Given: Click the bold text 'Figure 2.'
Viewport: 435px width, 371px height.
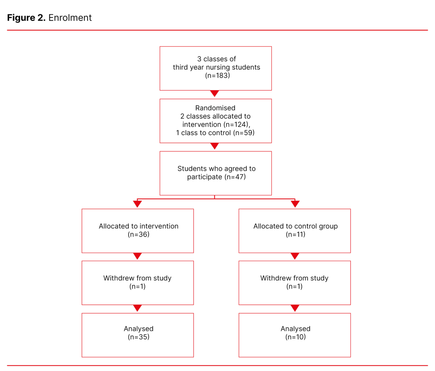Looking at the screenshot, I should (x=26, y=18).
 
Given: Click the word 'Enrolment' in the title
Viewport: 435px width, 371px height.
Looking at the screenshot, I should (x=70, y=18).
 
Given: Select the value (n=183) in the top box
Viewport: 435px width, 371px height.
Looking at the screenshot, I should (x=216, y=76).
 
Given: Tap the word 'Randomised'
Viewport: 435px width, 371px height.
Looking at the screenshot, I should (x=215, y=108).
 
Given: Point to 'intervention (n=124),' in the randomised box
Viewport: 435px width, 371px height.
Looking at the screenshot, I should (x=215, y=125).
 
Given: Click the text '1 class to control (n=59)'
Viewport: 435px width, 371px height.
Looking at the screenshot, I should (x=215, y=133).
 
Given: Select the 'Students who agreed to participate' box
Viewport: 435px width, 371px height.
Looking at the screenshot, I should (x=216, y=173).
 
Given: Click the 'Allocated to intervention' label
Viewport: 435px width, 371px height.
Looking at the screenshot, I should (x=138, y=226).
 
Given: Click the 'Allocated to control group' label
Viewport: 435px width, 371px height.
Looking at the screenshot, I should (x=295, y=226).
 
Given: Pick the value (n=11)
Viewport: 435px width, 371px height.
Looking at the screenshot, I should (x=295, y=234).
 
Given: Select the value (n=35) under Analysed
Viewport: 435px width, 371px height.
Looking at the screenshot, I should (x=138, y=337).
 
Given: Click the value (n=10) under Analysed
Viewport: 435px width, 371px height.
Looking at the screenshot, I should (x=295, y=337).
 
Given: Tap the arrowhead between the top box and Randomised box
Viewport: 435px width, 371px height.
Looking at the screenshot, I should (x=215, y=93).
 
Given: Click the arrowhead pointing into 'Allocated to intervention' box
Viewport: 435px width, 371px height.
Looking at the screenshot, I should (x=138, y=204).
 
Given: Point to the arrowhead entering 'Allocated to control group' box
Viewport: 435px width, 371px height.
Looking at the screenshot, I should (x=295, y=204).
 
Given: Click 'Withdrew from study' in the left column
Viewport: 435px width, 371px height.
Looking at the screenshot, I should (x=137, y=278).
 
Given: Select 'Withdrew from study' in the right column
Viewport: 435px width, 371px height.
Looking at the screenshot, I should (x=294, y=278).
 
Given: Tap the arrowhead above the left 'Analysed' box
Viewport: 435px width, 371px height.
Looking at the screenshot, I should (x=138, y=308).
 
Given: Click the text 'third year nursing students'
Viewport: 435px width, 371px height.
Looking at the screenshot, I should (x=216, y=67).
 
